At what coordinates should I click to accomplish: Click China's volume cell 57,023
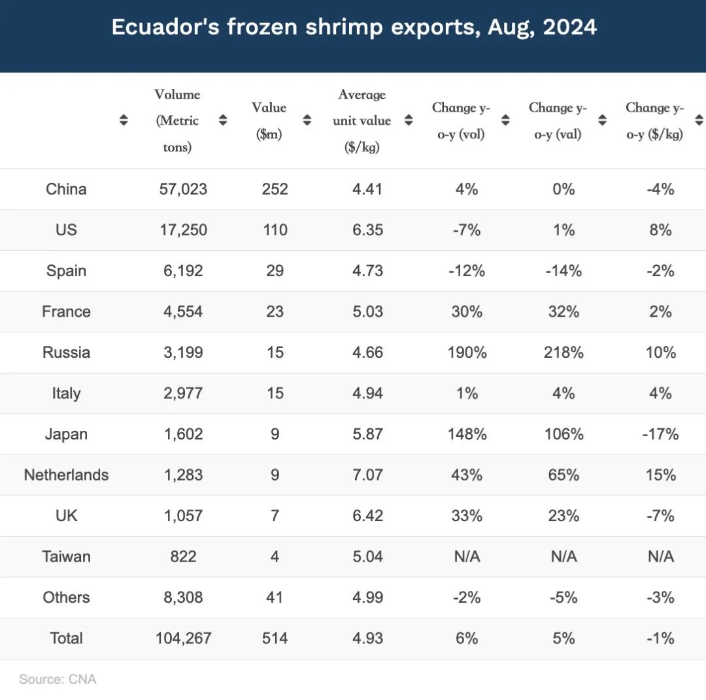point(183,189)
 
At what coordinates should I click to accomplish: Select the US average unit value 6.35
point(367,230)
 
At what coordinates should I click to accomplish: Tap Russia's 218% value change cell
point(563,353)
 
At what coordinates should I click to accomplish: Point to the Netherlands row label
point(66,475)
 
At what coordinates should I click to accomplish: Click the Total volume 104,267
point(183,638)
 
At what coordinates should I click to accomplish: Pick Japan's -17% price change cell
point(660,434)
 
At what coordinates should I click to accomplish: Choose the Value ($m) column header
point(269,121)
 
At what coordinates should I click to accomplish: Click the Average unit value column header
point(361,121)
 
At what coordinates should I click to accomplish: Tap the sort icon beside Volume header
point(223,120)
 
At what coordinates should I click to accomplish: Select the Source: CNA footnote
point(58,679)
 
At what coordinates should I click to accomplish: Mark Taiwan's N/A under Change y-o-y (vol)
point(467,556)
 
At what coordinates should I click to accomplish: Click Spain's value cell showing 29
point(275,271)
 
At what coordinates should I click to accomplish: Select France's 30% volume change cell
point(467,311)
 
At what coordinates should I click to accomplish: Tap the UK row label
point(66,516)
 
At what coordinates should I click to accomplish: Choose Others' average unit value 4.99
point(367,597)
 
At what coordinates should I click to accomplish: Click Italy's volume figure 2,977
point(183,393)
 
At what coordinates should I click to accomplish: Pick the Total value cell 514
point(275,638)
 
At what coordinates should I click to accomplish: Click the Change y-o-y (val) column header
point(558,121)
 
